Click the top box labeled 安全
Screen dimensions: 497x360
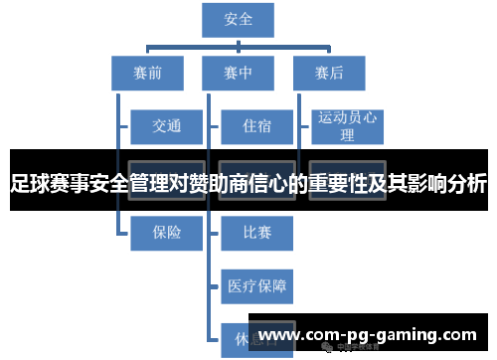239,19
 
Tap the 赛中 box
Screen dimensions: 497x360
239,73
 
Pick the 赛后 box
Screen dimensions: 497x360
329,73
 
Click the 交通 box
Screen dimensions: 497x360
166,126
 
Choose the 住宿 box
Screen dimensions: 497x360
255,126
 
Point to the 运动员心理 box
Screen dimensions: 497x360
347,126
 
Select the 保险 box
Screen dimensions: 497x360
166,233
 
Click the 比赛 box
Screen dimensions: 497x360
255,233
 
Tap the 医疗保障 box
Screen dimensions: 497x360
255,286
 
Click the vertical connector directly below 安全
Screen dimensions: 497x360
239,41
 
